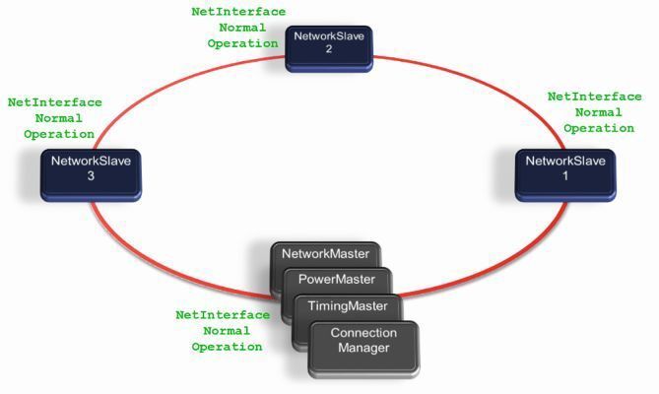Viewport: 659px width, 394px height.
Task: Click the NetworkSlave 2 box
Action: [329, 47]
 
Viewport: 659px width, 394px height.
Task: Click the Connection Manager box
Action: [363, 342]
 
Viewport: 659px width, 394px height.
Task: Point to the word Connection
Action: [363, 333]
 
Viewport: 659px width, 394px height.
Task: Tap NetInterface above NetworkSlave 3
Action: [53, 102]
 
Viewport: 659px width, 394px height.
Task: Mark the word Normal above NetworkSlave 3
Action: [53, 118]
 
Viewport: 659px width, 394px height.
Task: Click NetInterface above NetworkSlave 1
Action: [594, 97]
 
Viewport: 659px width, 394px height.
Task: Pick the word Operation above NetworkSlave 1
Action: [598, 128]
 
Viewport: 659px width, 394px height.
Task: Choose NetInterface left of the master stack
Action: [223, 315]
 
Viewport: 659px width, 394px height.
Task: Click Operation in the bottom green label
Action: [227, 347]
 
